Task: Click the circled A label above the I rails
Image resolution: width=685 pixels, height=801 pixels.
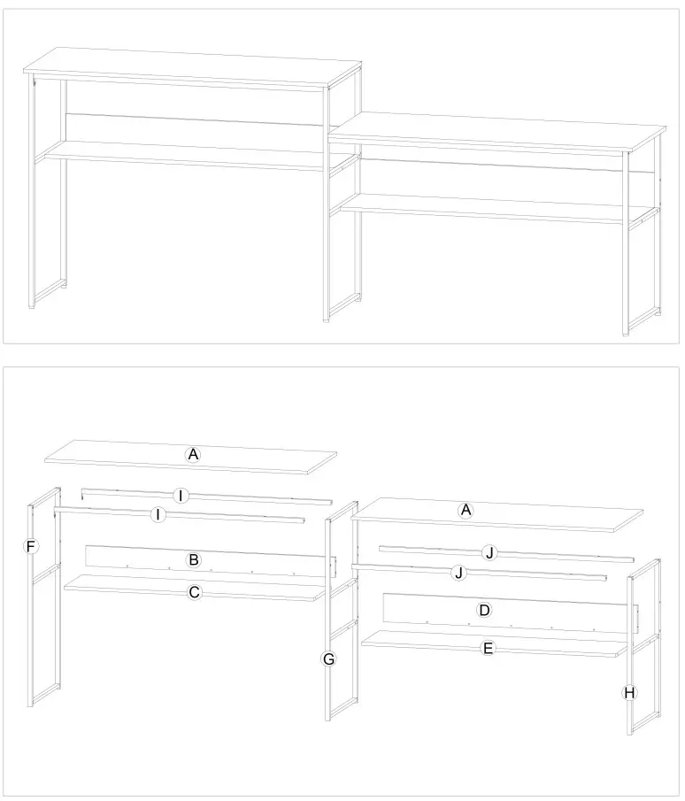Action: [x=193, y=454]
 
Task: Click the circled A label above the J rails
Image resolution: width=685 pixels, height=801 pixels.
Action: [x=466, y=510]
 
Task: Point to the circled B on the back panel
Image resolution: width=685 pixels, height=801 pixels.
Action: [x=192, y=560]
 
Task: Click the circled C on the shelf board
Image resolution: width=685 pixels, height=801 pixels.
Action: [x=195, y=592]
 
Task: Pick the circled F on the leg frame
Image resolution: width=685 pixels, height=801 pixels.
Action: [x=31, y=547]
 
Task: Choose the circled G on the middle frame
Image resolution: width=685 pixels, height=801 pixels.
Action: [x=328, y=659]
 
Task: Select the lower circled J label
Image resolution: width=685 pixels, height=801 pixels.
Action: [x=458, y=573]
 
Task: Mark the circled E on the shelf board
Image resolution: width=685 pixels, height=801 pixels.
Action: [x=487, y=648]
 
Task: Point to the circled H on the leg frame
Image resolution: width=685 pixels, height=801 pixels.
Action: [x=629, y=692]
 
